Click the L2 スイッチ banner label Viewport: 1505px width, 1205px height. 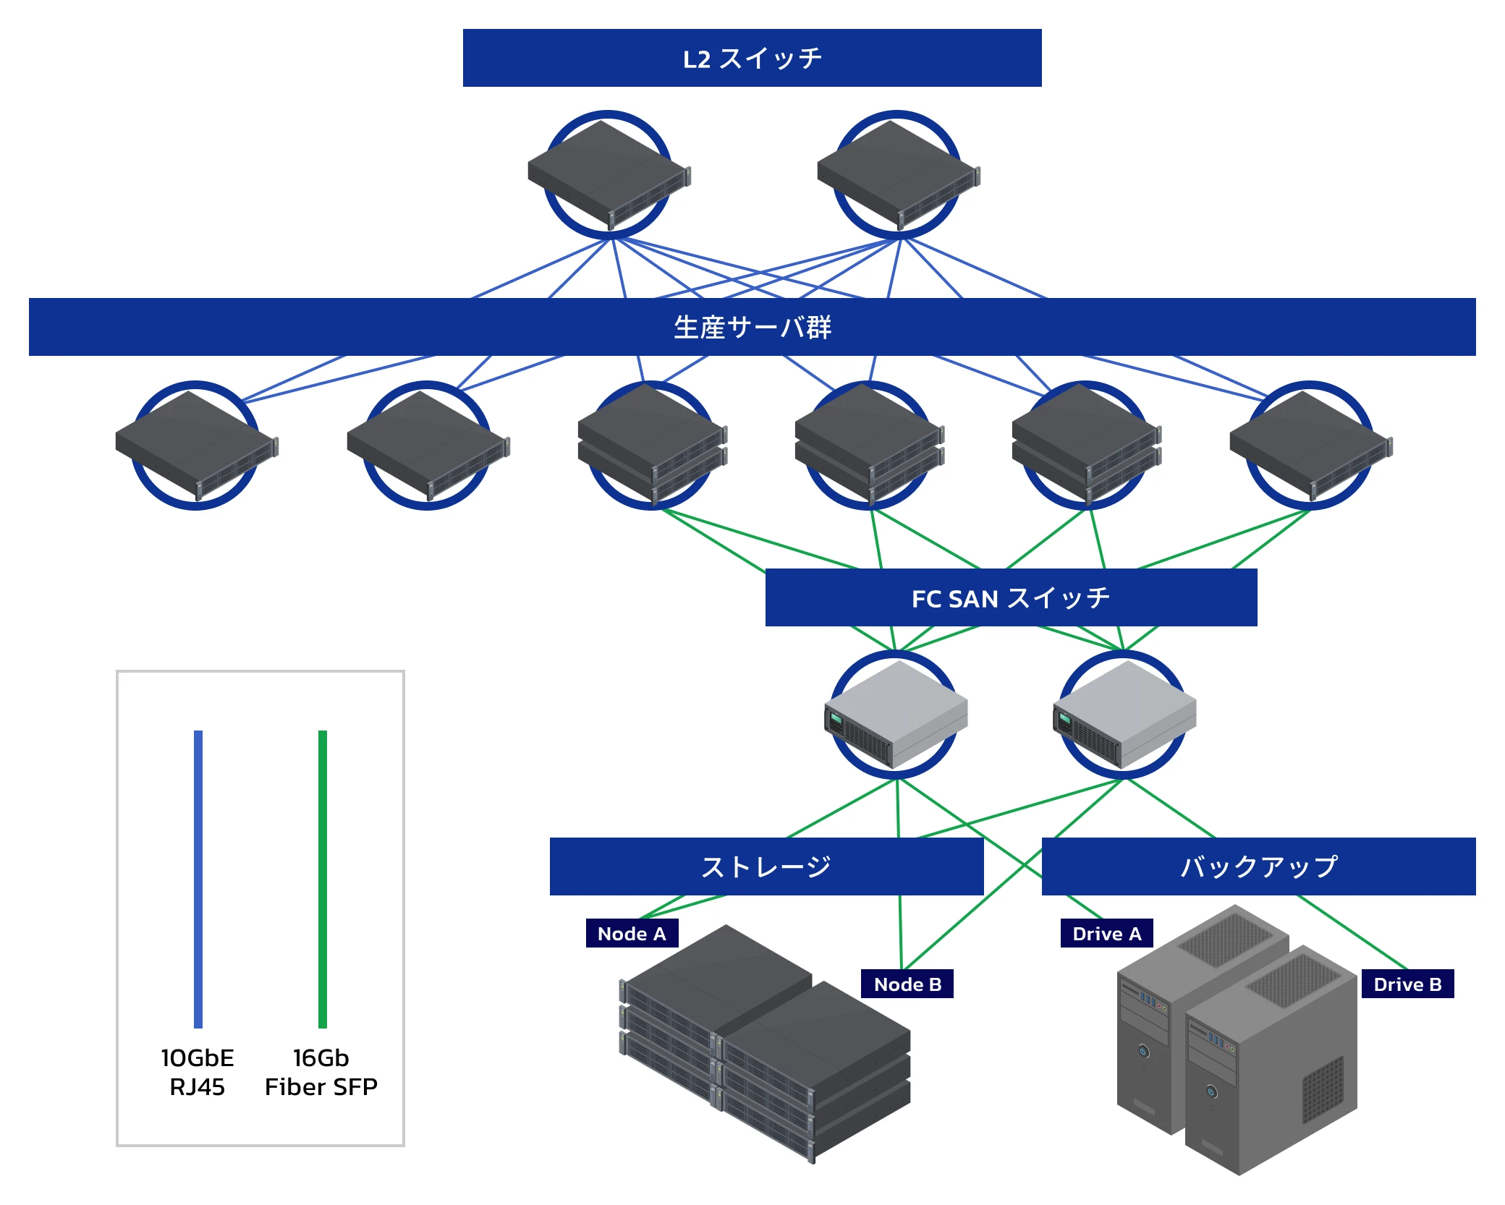752,59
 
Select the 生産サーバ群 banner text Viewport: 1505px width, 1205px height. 752,328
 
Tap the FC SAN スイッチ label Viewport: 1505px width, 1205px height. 1011,598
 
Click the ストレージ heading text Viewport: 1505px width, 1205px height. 766,867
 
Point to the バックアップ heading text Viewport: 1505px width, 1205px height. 1258,867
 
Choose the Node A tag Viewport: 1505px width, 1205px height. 632,934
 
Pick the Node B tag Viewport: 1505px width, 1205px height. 907,984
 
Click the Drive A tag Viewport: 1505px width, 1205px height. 1106,934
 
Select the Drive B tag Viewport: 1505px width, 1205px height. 1407,984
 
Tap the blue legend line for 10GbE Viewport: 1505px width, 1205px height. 198,879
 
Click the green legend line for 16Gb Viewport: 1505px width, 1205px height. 323,879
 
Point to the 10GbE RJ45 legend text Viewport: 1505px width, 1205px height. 198,1072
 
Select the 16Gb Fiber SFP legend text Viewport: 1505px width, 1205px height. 321,1072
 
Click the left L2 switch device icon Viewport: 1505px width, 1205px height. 609,174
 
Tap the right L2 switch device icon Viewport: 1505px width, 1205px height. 898,174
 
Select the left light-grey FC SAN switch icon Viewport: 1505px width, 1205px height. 896,715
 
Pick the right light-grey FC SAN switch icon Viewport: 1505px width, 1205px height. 1124,715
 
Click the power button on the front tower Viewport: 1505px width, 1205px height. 1211,1091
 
